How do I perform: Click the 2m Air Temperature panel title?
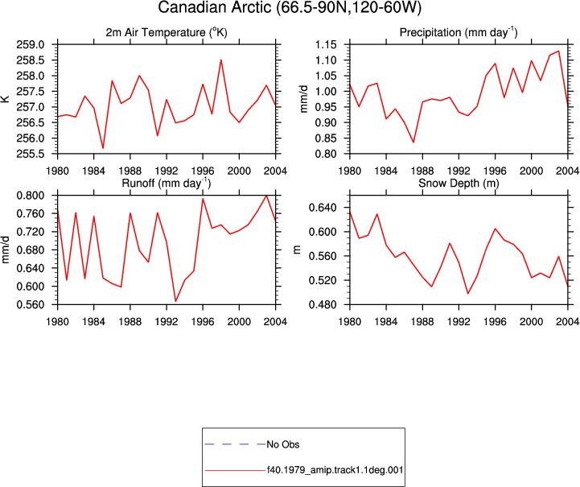tap(167, 32)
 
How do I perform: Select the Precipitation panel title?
tap(459, 32)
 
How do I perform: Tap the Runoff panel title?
tap(167, 183)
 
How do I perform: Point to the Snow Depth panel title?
tap(459, 184)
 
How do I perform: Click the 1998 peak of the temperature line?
tap(221, 60)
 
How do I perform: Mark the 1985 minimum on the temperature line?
tap(103, 148)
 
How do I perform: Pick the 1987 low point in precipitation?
tap(413, 142)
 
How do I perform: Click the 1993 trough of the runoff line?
tap(175, 301)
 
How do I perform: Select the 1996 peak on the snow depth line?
tap(495, 229)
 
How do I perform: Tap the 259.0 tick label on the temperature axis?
tap(31, 45)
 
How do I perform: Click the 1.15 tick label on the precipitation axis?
tap(326, 45)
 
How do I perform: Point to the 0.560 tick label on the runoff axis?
tap(31, 304)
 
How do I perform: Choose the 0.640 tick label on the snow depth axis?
tap(323, 208)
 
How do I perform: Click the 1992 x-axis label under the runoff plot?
tap(167, 322)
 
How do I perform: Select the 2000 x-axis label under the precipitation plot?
tap(531, 171)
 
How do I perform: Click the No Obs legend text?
tap(283, 444)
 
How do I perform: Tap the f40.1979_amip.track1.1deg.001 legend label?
tap(335, 470)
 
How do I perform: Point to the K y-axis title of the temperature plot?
tap(6, 99)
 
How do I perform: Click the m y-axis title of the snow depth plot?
tap(297, 250)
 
